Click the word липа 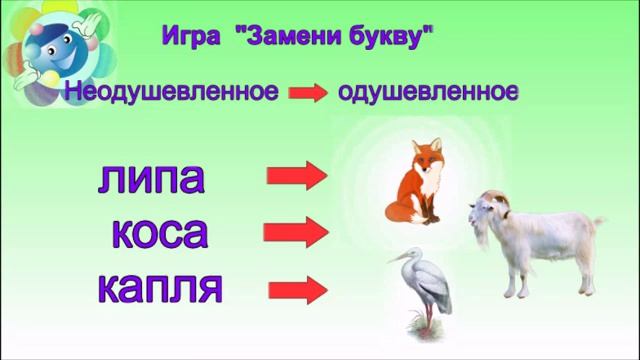[x=152, y=178]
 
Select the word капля [x=160, y=289]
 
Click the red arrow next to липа [x=297, y=177]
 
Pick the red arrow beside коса [x=297, y=233]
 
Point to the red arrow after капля [x=297, y=290]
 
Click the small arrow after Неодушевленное [x=308, y=93]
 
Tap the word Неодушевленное [x=171, y=93]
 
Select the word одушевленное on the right [x=428, y=93]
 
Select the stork [x=421, y=285]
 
